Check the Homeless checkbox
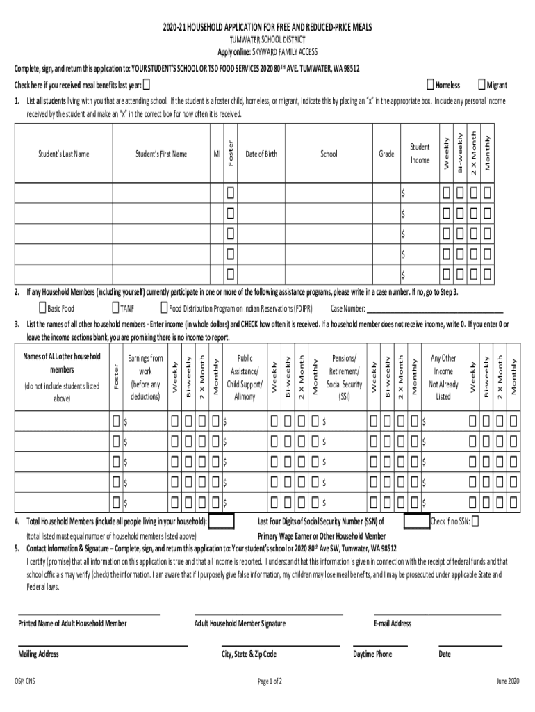[x=431, y=85]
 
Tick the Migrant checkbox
[x=482, y=85]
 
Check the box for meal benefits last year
[x=147, y=85]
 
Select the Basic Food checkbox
[x=42, y=308]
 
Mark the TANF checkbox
[x=115, y=308]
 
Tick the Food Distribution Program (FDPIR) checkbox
[x=164, y=308]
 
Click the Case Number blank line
[x=434, y=310]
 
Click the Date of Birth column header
[x=261, y=154]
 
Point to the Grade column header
[x=386, y=154]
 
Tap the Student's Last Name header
[x=63, y=154]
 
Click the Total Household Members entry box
[x=221, y=521]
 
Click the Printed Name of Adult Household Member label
[x=72, y=624]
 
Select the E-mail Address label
[x=393, y=624]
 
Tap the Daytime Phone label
[x=372, y=654]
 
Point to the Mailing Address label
[x=38, y=654]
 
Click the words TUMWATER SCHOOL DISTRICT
[x=267, y=40]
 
